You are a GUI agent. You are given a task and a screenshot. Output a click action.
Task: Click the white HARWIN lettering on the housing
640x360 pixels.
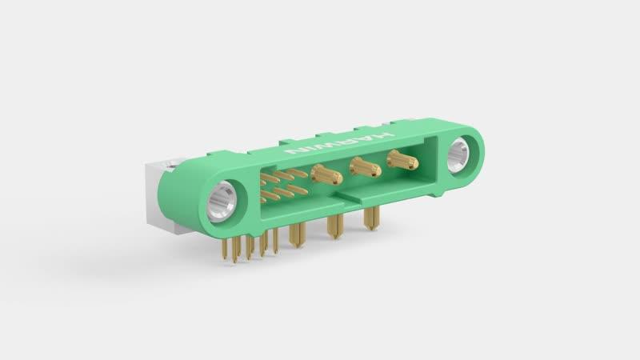[x=339, y=143]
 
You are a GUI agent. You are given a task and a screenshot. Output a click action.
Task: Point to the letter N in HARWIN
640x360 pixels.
[x=294, y=151]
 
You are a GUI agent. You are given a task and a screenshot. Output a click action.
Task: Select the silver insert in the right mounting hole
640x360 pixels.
[x=458, y=155]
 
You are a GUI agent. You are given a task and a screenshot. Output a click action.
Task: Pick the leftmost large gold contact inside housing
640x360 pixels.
[x=326, y=174]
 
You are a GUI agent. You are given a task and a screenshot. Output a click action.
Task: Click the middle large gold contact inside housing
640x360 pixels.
[x=366, y=166]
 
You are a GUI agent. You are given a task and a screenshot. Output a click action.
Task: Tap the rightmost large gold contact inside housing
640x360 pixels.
[x=402, y=159]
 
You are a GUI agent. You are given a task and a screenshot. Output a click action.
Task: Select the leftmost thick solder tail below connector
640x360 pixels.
[x=296, y=235]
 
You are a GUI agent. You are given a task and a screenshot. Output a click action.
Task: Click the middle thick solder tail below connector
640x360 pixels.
[x=335, y=226]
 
